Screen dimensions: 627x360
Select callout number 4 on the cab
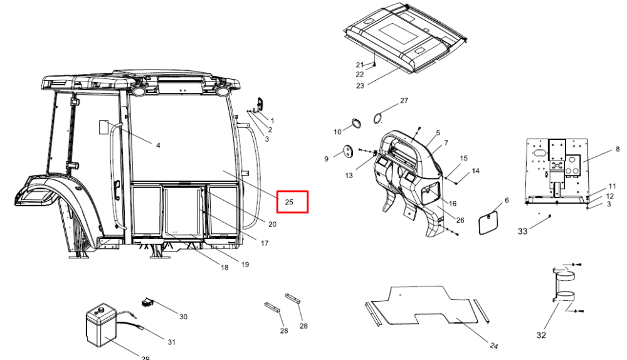click(x=158, y=146)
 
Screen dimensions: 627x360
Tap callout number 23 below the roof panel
click(x=361, y=85)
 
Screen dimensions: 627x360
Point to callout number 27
click(x=404, y=100)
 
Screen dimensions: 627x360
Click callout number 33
click(x=523, y=231)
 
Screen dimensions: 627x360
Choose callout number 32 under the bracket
click(x=541, y=335)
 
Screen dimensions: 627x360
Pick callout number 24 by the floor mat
click(x=494, y=346)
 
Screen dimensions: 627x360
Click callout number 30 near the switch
click(x=183, y=317)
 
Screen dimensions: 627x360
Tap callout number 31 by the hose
click(x=172, y=342)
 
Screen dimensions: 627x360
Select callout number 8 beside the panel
click(x=618, y=149)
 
